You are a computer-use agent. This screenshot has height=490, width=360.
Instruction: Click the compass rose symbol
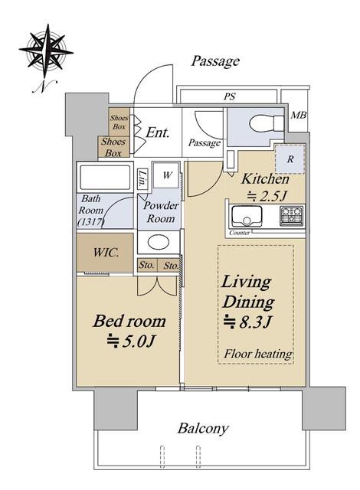(x=46, y=51)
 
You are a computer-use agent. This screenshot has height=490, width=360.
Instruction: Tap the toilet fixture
(x=267, y=122)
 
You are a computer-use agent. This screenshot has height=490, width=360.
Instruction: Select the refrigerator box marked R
(x=290, y=159)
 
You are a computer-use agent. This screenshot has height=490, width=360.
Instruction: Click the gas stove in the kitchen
(x=291, y=216)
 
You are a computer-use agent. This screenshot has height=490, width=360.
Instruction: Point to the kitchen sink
(x=247, y=216)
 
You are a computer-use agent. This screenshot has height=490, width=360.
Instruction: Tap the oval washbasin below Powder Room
(x=159, y=242)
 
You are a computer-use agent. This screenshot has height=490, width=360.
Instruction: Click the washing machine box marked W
(x=166, y=175)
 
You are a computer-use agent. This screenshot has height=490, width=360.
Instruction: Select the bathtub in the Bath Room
(x=105, y=178)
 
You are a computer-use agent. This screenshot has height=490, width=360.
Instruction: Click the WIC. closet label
(x=106, y=252)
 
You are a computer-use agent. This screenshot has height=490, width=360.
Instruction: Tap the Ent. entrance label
(x=158, y=132)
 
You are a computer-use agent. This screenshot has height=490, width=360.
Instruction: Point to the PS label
(x=229, y=96)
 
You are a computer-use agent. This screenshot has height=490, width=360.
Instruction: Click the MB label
(x=299, y=116)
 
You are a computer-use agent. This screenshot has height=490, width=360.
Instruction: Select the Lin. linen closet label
(x=142, y=179)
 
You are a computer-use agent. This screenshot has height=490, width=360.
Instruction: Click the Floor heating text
(x=258, y=354)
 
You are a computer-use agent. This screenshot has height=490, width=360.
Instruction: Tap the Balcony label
(x=203, y=428)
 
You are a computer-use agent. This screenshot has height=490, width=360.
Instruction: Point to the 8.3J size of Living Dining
(x=247, y=322)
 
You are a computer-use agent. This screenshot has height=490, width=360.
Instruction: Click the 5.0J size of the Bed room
(x=130, y=342)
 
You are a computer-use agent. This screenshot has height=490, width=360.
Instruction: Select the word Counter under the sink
(x=240, y=233)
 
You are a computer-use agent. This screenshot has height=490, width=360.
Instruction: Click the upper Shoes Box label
(x=119, y=122)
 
